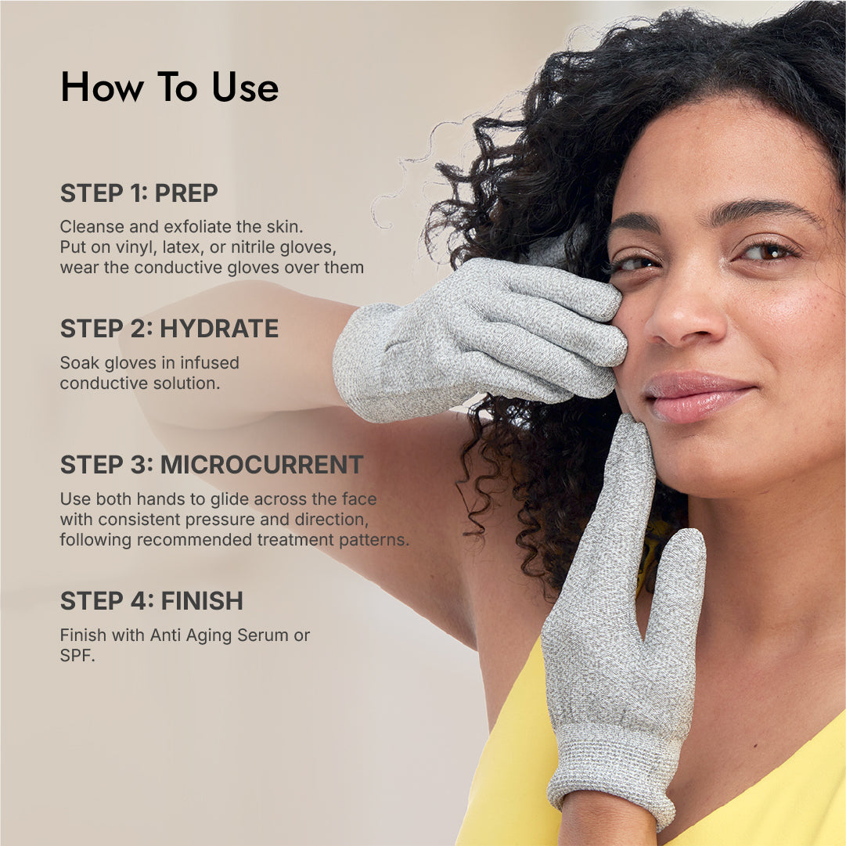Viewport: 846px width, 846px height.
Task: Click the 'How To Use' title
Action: [x=169, y=87]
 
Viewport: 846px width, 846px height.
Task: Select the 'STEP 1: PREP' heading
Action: [x=139, y=193]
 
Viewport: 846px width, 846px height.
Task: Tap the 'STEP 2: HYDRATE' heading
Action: [x=169, y=329]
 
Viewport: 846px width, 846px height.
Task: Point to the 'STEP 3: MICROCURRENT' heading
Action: [x=211, y=465]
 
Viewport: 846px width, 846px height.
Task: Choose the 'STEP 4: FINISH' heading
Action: [x=152, y=600]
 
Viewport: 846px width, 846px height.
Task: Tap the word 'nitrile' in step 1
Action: [x=254, y=247]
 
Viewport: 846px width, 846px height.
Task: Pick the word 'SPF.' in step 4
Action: [x=77, y=656]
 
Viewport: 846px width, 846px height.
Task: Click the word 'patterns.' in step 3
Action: [x=374, y=540]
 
